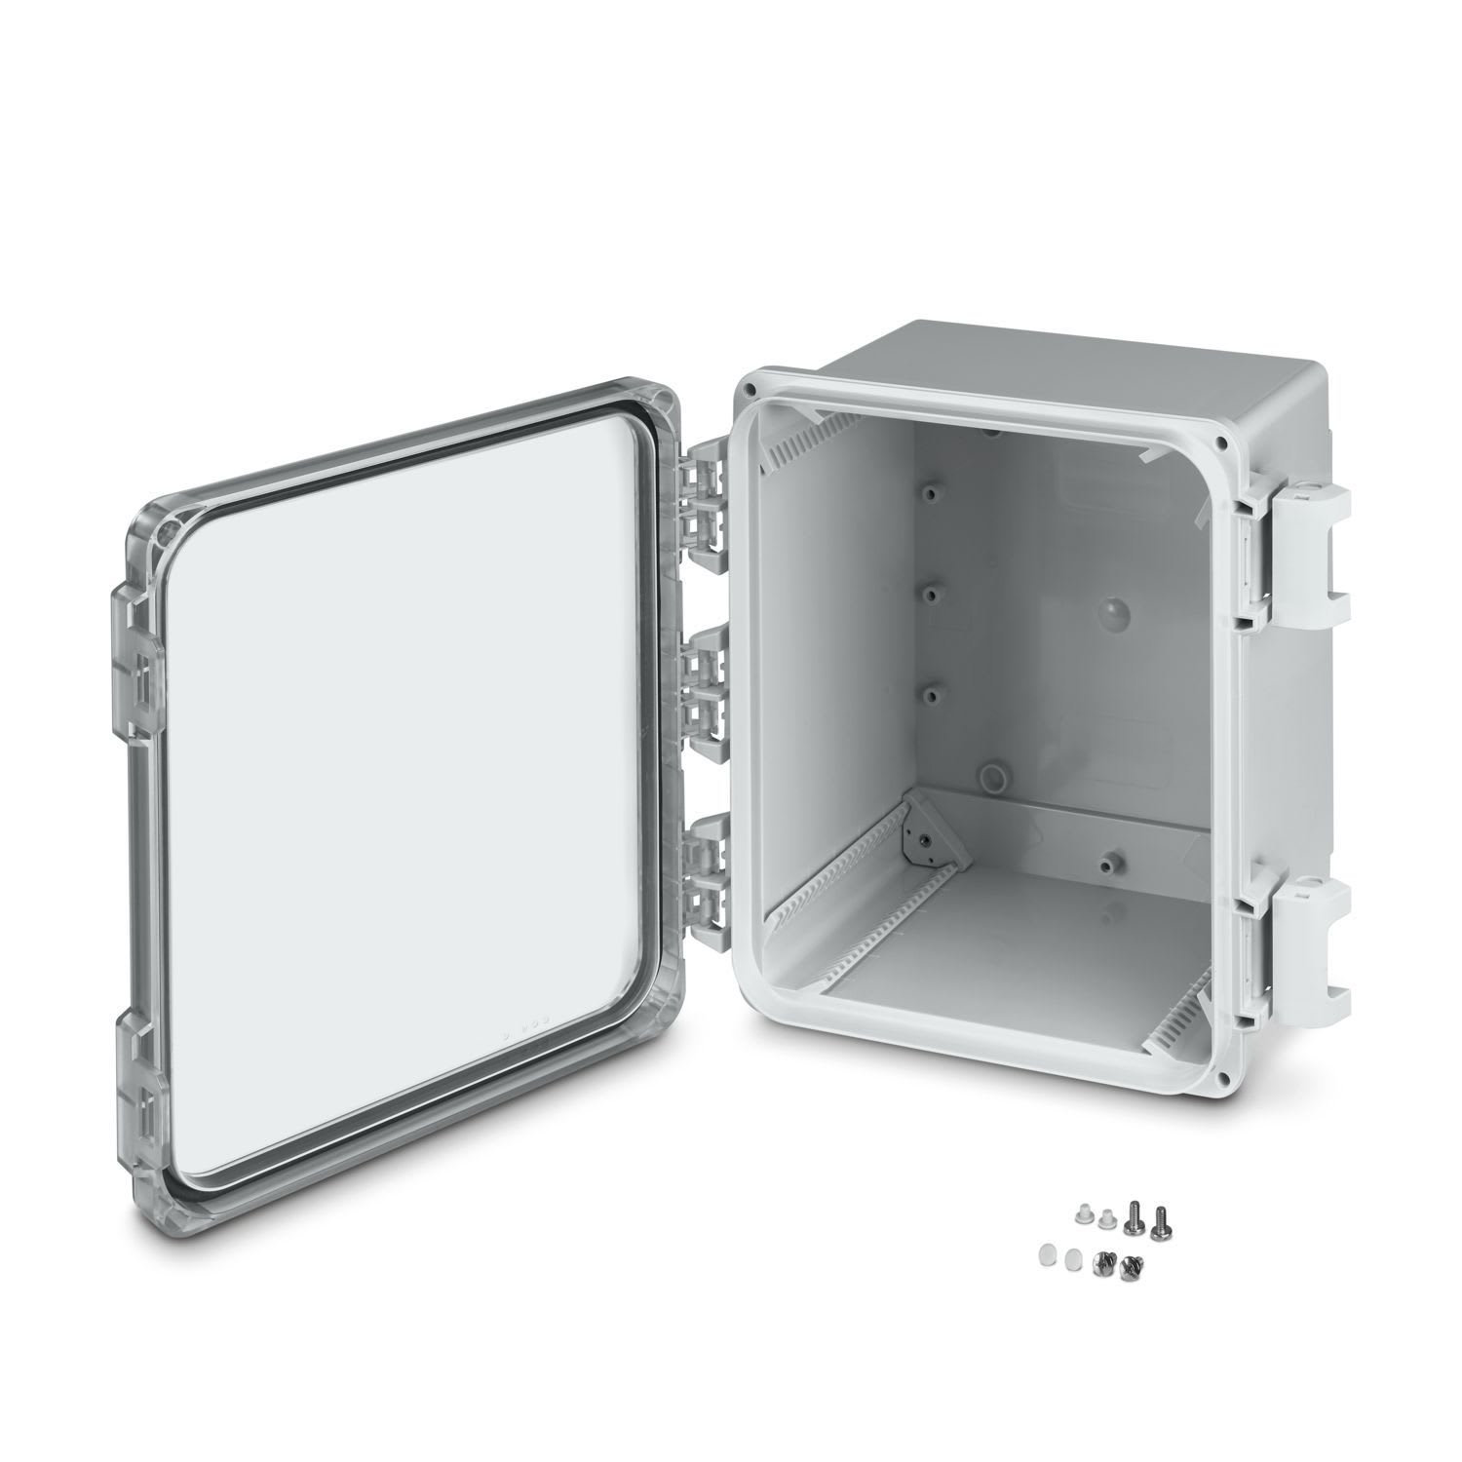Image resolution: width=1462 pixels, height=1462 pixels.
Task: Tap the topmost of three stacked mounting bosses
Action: [933, 493]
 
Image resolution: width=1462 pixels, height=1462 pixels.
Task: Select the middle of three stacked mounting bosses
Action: [933, 592]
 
